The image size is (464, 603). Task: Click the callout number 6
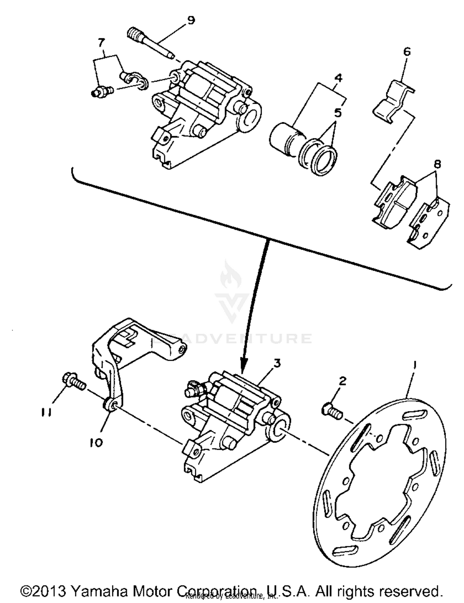[x=407, y=51]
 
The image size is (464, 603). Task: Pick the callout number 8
[x=437, y=164]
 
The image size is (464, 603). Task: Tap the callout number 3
[x=277, y=363]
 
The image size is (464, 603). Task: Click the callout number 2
[x=342, y=381]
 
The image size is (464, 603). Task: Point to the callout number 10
[x=96, y=443]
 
